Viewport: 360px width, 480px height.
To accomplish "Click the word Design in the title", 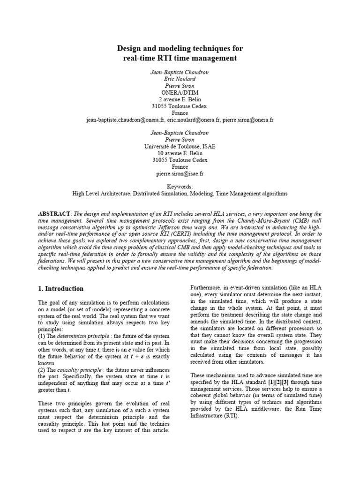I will (129, 48).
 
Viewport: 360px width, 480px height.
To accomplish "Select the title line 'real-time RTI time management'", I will (180, 58).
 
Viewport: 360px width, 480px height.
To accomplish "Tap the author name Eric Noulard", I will (180, 79).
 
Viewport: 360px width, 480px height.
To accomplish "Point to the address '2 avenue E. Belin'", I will (180, 99).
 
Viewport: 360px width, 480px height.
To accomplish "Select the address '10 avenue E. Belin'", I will (180, 153).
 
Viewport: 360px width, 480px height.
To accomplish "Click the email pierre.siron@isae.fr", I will (180, 173).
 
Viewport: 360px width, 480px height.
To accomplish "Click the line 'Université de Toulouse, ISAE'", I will (180, 146).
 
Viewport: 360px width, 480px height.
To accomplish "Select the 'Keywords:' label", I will (180, 187).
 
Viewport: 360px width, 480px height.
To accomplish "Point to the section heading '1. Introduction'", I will (61, 289).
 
